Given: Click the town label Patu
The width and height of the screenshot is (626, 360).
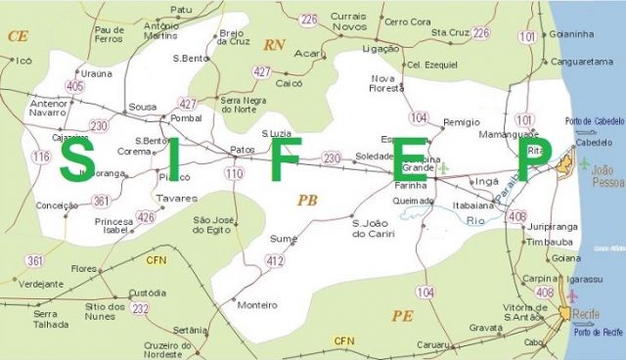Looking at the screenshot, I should pyautogui.click(x=181, y=10).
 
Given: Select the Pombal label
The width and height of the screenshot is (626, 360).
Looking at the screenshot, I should pyautogui.click(x=186, y=118).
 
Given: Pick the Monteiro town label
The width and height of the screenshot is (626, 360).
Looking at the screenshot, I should pyautogui.click(x=258, y=304).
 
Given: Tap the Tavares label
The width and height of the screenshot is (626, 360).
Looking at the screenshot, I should pyautogui.click(x=177, y=198).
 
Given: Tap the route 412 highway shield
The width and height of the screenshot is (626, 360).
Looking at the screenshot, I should pyautogui.click(x=275, y=260).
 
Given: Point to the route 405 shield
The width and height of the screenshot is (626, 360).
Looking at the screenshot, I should pyautogui.click(x=75, y=86).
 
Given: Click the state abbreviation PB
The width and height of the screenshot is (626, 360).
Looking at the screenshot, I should pyautogui.click(x=307, y=201).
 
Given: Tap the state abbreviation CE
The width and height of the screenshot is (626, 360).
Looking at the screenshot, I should pyautogui.click(x=17, y=35).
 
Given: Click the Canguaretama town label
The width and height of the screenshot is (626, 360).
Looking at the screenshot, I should pyautogui.click(x=583, y=61).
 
